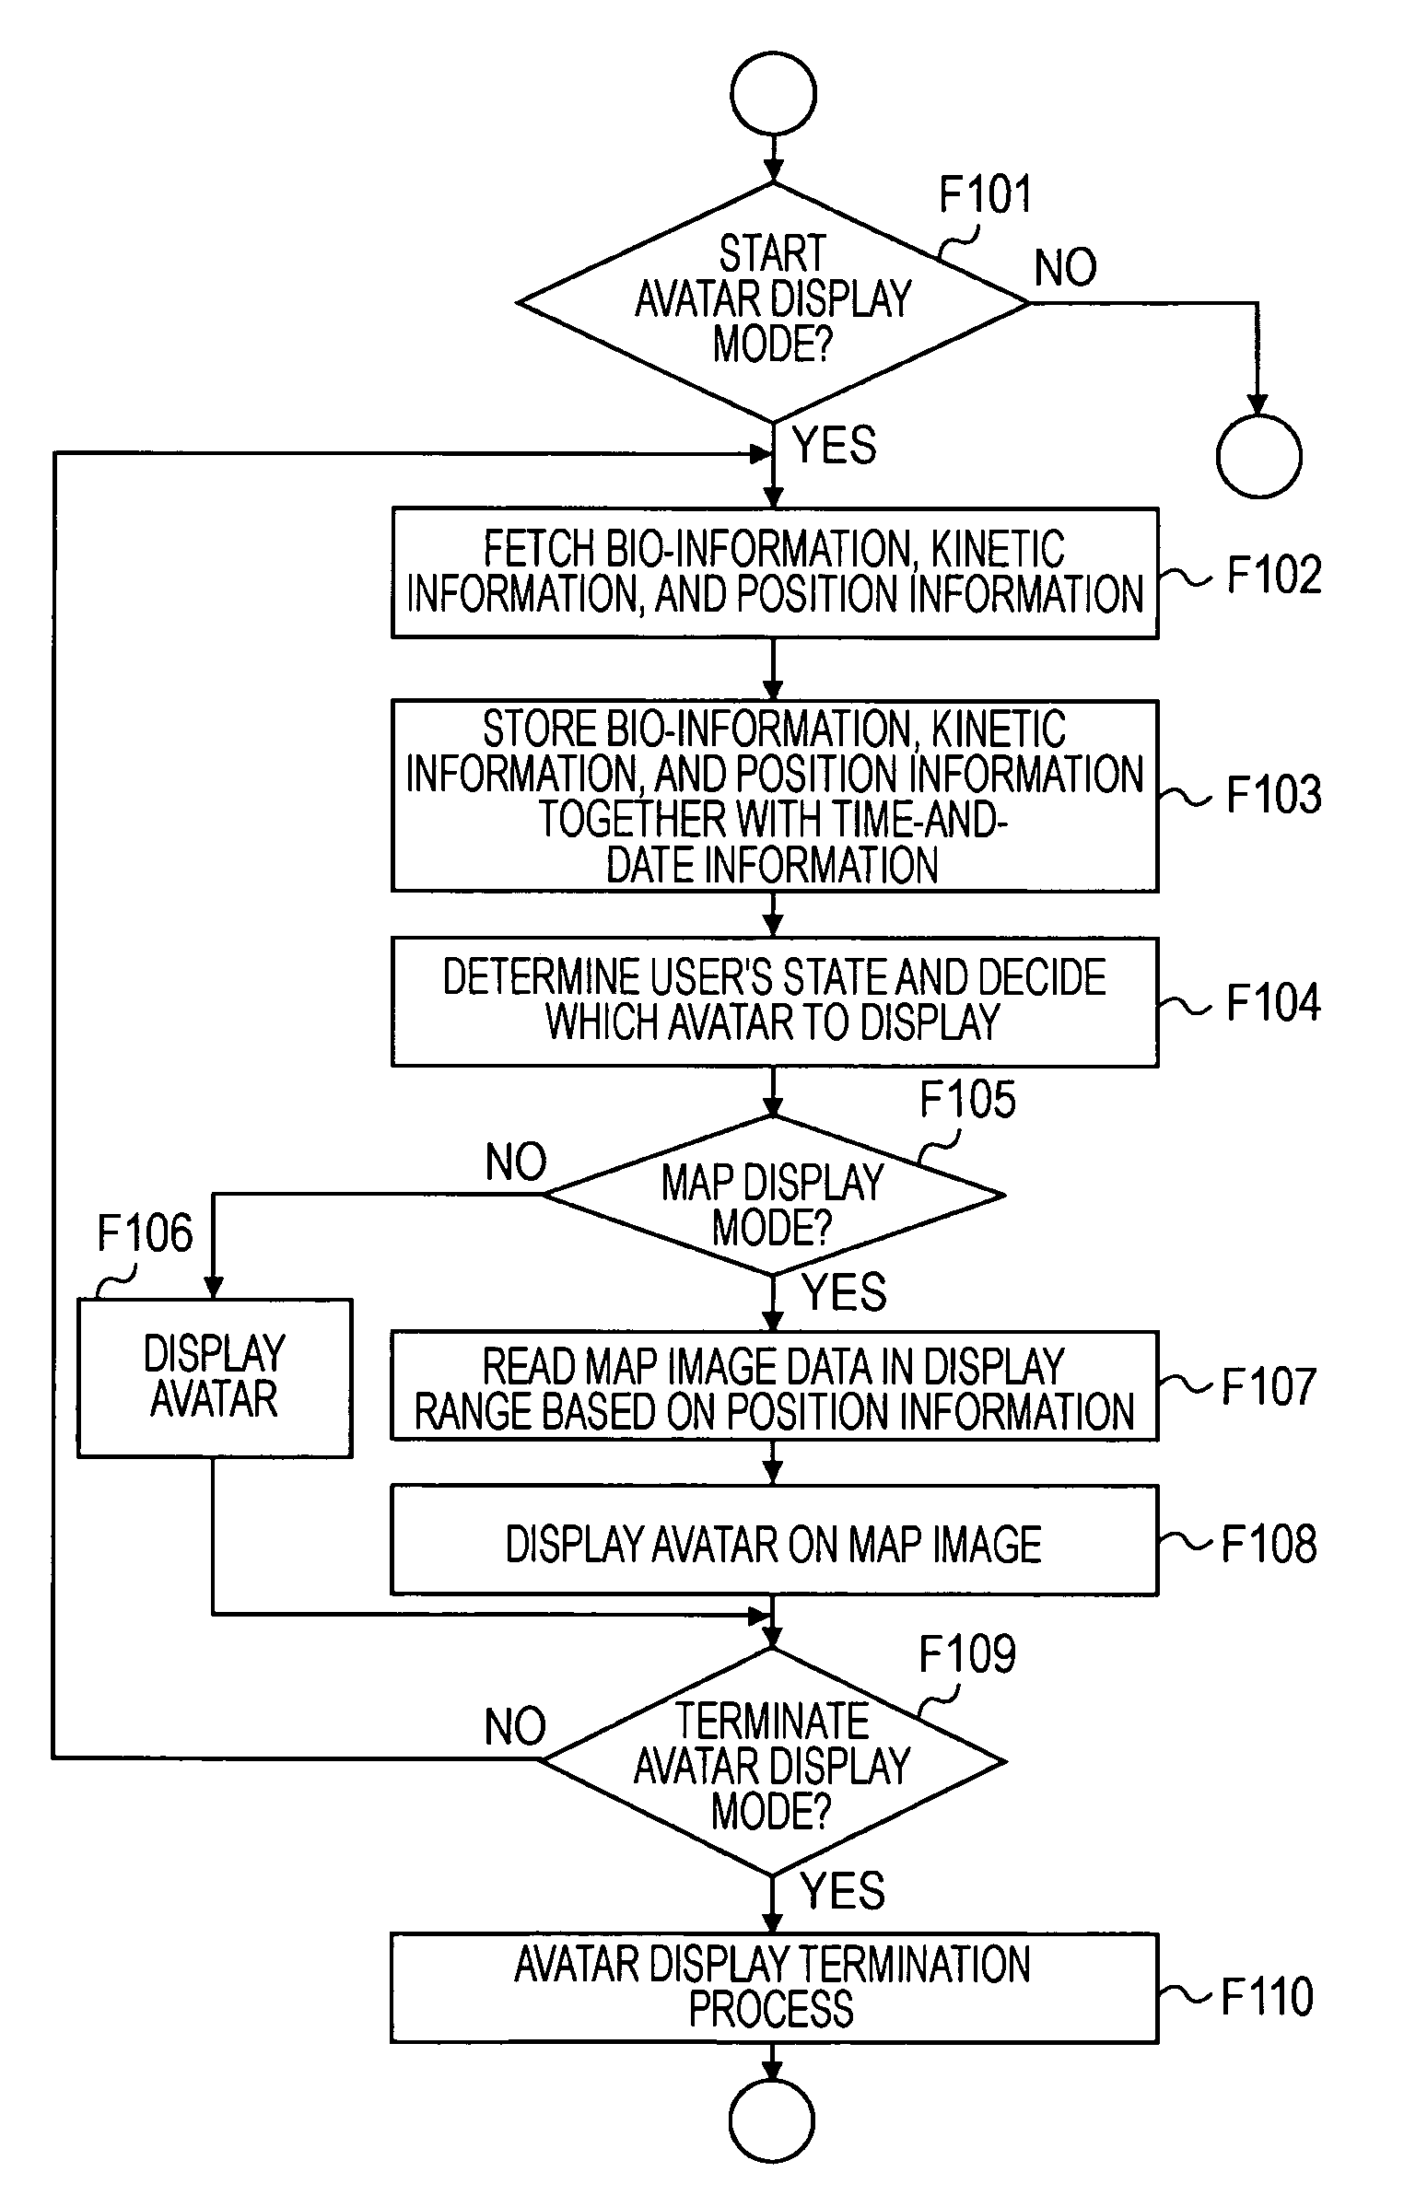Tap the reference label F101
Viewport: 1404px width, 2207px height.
point(985,194)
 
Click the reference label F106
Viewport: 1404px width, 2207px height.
point(146,1233)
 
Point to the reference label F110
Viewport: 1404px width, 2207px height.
point(1267,1996)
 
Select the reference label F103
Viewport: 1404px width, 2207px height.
point(1274,794)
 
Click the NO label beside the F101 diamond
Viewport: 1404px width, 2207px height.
point(1066,268)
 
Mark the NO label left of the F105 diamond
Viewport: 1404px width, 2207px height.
point(516,1162)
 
